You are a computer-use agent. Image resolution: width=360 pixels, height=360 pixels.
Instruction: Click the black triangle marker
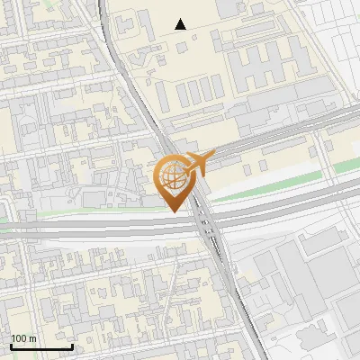pos(181,24)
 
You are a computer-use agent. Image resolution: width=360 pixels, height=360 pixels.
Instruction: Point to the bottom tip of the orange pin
pos(174,211)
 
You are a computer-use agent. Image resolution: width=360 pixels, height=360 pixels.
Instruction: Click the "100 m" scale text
pos(23,338)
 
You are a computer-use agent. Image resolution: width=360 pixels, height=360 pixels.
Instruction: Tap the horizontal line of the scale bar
pos(41,346)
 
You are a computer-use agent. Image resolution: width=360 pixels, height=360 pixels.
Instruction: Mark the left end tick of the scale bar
pos(11,345)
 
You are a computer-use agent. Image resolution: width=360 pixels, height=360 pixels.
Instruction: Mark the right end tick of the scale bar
pos(72,345)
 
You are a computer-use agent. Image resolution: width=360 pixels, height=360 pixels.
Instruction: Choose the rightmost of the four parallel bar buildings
pos(218,87)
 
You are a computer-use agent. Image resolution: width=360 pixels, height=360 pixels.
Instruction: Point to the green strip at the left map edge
pos(7,219)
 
